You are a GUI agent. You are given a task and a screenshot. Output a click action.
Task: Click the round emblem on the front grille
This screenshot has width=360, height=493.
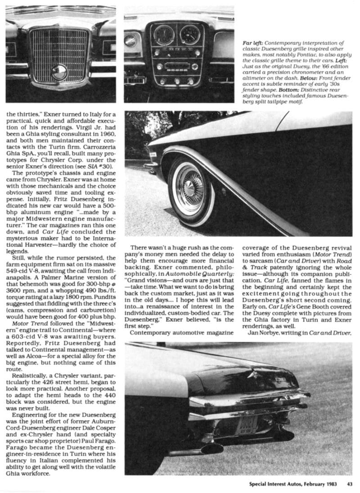59,72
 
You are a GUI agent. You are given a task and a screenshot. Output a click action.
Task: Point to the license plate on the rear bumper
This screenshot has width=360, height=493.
246,425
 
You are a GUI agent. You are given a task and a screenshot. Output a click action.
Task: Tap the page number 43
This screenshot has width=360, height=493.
349,484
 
